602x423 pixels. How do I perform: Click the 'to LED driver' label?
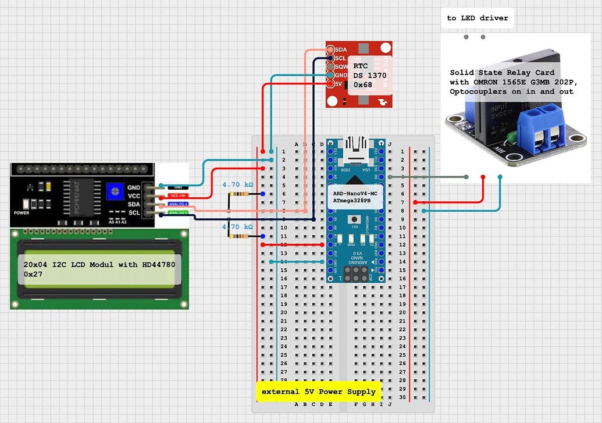(477, 18)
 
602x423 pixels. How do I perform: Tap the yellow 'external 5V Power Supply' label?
(318, 392)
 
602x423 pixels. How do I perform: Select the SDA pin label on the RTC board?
(340, 50)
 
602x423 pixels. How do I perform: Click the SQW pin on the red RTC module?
(340, 66)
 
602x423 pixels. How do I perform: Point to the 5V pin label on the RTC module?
(339, 83)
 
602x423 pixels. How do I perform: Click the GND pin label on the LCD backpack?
(134, 187)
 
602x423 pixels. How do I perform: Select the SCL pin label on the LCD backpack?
(134, 212)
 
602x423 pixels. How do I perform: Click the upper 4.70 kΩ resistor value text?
(238, 184)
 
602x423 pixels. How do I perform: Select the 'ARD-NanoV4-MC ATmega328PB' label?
(357, 197)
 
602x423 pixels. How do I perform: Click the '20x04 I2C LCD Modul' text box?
(99, 269)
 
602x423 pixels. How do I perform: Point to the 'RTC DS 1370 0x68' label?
(369, 76)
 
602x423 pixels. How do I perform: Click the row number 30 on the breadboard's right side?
(401, 397)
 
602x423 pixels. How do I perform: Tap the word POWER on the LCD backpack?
(21, 213)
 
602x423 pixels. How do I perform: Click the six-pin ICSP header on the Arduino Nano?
(357, 273)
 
